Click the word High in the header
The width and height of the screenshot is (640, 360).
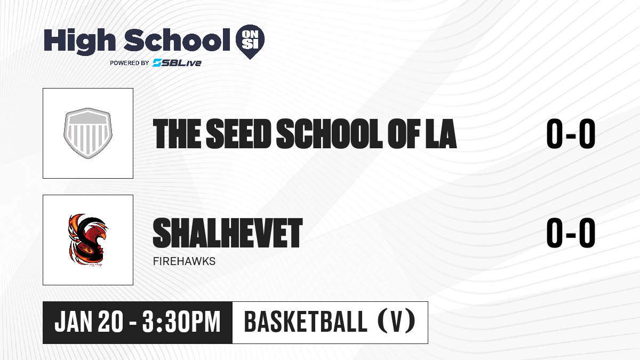click(x=79, y=42)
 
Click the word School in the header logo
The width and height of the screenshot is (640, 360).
click(x=177, y=39)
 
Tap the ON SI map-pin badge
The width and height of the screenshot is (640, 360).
click(x=250, y=42)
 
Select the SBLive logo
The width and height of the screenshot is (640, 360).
click(x=177, y=62)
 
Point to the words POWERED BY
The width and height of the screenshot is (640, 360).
click(x=130, y=63)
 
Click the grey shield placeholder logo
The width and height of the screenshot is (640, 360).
click(x=88, y=133)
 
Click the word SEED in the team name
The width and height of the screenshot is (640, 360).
click(x=238, y=134)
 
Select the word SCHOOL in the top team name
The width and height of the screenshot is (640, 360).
click(x=329, y=134)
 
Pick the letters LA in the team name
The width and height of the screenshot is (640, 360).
click(x=441, y=134)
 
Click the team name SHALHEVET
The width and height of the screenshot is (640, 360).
click(x=228, y=233)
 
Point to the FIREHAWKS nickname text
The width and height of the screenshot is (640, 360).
click(x=185, y=261)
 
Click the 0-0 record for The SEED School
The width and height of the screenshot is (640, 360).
click(x=571, y=134)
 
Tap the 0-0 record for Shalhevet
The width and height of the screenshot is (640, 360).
click(x=571, y=233)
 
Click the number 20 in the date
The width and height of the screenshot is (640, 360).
click(x=110, y=322)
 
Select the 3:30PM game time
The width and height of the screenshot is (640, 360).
click(x=181, y=322)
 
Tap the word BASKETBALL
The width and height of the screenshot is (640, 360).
click(x=306, y=322)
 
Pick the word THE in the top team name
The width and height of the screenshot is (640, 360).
click(x=177, y=134)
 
